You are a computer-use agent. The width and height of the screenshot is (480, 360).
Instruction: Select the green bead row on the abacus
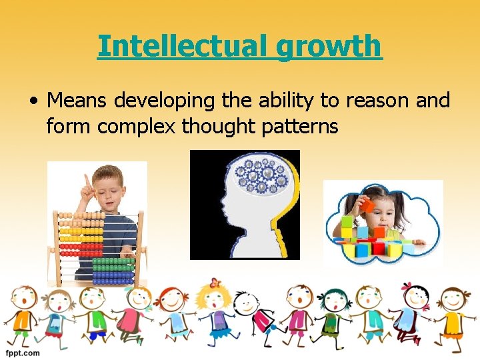click(x=113, y=261)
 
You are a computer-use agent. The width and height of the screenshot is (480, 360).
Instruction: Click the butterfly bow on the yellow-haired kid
click(x=214, y=283)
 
